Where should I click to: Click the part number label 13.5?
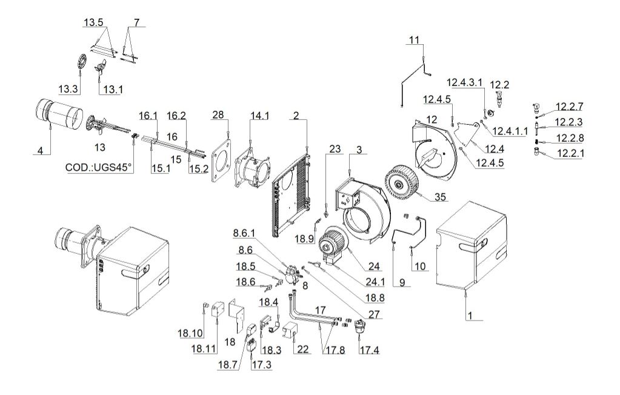[93, 22]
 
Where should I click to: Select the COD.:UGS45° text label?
[98, 168]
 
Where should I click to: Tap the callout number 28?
[218, 115]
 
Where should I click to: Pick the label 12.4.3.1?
[465, 82]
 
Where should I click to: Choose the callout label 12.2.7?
[569, 107]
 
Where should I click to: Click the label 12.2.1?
[570, 153]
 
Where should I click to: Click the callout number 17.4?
[369, 350]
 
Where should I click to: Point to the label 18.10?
[190, 333]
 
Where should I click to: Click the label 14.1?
[259, 116]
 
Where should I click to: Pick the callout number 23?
[335, 149]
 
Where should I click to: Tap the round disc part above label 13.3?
[81, 62]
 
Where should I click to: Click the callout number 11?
[414, 40]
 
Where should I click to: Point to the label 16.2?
[176, 116]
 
